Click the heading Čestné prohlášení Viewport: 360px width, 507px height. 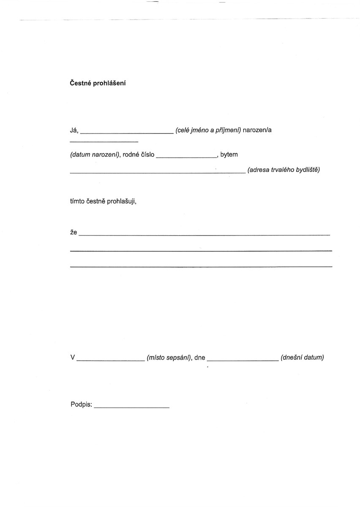click(x=98, y=83)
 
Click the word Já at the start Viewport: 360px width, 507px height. click(x=74, y=130)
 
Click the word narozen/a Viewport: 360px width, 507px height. click(x=257, y=130)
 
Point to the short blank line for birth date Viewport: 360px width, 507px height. click(x=104, y=141)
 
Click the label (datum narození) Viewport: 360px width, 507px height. click(x=95, y=155)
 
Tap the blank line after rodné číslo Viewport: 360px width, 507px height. click(x=186, y=157)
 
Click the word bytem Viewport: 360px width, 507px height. click(x=229, y=155)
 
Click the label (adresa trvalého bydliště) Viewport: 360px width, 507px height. click(x=284, y=171)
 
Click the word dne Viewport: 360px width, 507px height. click(x=199, y=358)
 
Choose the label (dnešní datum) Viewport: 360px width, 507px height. click(x=302, y=358)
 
